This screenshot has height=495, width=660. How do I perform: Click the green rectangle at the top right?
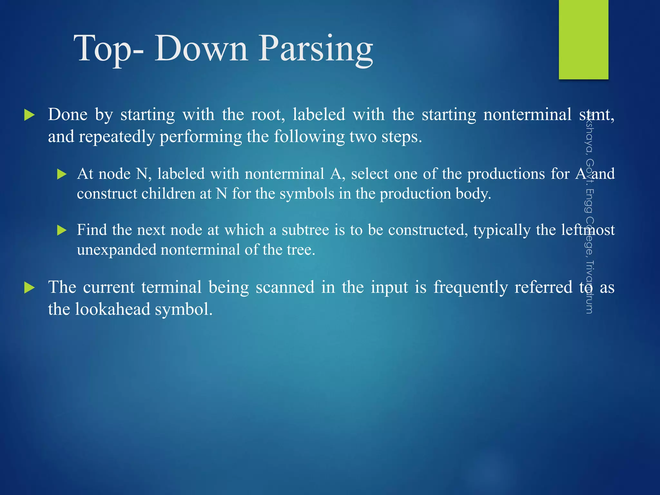[x=583, y=39]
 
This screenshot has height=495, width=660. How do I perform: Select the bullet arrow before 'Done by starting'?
[x=29, y=115]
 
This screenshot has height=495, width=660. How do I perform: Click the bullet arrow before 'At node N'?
[x=62, y=174]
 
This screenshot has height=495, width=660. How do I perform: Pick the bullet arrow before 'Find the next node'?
[x=62, y=230]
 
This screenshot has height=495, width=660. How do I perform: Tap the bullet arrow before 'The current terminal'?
[x=29, y=287]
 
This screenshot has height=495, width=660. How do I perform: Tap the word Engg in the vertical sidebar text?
[x=589, y=201]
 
